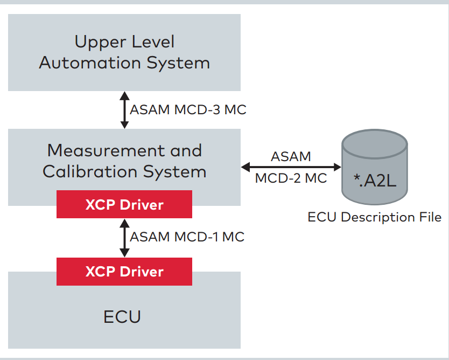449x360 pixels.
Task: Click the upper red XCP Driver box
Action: click(124, 204)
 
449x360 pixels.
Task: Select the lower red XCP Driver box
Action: click(124, 271)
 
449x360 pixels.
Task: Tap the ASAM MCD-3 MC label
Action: click(188, 109)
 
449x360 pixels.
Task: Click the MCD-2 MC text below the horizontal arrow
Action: click(291, 178)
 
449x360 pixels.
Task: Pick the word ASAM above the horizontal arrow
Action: click(291, 157)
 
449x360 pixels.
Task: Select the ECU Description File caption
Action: click(374, 217)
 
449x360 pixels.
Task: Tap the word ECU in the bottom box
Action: click(122, 316)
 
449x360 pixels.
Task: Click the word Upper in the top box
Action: click(97, 41)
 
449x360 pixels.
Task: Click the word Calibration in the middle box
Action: click(90, 172)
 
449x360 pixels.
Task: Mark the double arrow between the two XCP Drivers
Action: click(124, 237)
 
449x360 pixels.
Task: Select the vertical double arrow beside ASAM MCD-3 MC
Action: click(124, 110)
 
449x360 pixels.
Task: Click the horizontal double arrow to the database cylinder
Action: click(291, 167)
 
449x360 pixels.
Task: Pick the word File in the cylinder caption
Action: click(430, 217)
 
